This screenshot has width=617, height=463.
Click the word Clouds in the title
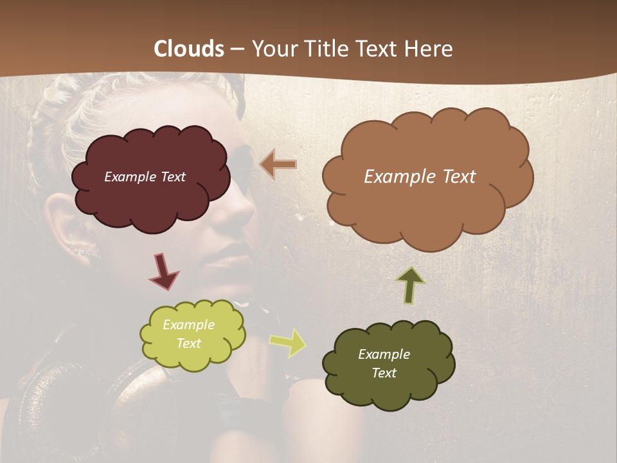coord(189,49)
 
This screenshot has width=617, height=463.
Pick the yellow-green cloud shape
coord(192,357)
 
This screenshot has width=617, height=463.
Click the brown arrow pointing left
coord(278,165)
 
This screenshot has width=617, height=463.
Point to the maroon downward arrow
coord(163,271)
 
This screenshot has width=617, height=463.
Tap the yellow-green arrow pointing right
coord(287,342)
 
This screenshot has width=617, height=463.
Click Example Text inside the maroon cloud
coord(145,177)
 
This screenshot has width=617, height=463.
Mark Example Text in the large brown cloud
coord(420,177)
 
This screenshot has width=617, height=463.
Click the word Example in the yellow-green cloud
coord(188,325)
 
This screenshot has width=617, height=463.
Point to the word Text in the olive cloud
coord(384,373)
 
